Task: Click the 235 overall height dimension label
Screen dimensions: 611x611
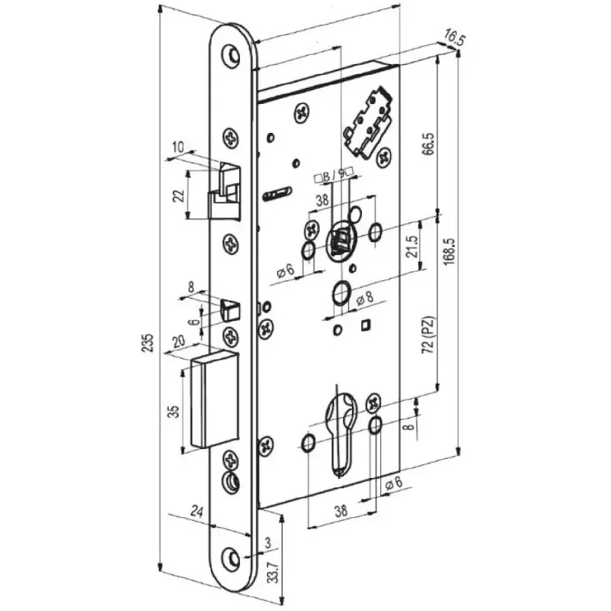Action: pos(147,343)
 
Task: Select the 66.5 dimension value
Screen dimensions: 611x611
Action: pos(428,144)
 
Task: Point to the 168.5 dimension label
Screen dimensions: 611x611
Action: pos(450,252)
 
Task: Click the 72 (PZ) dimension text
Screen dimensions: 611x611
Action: pos(428,335)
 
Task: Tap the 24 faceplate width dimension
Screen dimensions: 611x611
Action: pos(197,511)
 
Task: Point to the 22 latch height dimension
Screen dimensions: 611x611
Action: pos(178,196)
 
